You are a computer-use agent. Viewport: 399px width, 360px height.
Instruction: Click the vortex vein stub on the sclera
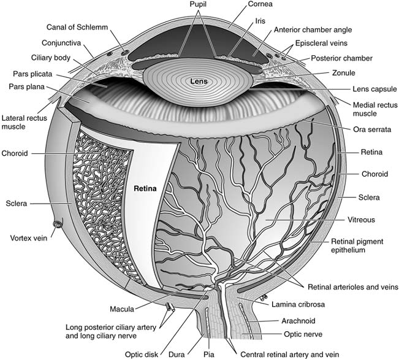point(58,224)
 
